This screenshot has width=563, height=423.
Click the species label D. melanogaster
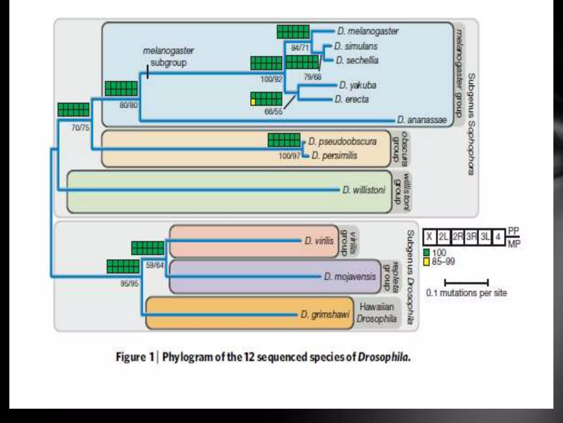pos(368,31)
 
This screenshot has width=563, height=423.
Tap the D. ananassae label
pos(422,120)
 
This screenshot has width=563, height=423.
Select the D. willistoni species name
pos(364,190)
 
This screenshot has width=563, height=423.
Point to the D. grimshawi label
pos(325,314)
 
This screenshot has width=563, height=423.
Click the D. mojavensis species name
pos(350,276)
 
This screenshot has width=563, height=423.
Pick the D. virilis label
pos(319,241)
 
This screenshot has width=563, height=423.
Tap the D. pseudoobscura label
pos(342,141)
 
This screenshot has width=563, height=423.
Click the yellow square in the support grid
pos(253,102)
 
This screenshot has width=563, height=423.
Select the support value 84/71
pos(300,48)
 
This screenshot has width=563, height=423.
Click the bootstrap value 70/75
pos(80,128)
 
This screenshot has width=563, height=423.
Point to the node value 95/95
pos(129,283)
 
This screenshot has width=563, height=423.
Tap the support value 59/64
pos(155,265)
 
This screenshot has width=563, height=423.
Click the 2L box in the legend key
pos(443,237)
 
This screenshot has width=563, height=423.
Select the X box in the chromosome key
pos(429,237)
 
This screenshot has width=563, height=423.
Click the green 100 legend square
pos(426,253)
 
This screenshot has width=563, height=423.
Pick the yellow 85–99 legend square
pos(426,261)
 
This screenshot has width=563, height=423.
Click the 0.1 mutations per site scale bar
pos(466,283)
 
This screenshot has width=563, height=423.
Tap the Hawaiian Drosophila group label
pos(376,313)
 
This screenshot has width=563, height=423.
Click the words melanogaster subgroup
pos(168,56)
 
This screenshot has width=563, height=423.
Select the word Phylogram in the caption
pos(188,357)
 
